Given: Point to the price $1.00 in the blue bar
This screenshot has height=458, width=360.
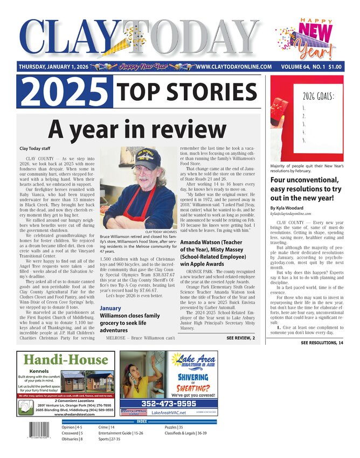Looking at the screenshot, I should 335,67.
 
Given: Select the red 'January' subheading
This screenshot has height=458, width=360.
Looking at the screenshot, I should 110,308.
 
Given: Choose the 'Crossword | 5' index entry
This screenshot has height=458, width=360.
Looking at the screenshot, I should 72,433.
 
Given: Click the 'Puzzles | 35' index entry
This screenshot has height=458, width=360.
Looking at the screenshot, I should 174,427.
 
